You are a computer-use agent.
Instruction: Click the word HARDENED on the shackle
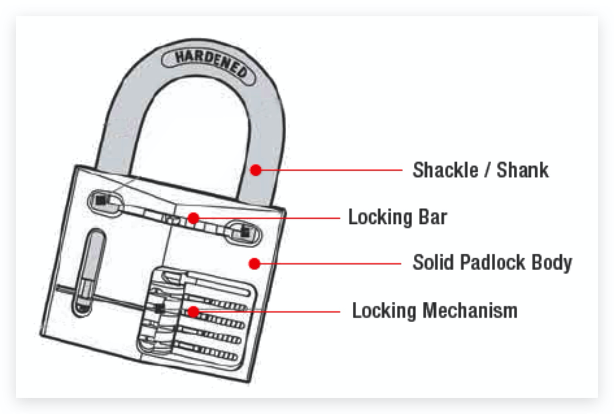click(x=210, y=63)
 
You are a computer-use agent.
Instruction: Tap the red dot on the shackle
click(x=256, y=170)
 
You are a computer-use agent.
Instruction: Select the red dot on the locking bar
click(x=194, y=218)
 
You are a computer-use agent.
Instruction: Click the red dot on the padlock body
click(x=254, y=264)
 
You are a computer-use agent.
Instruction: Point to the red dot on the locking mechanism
click(x=194, y=312)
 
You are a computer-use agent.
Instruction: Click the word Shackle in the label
click(x=445, y=170)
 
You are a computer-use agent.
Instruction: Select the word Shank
click(x=522, y=170)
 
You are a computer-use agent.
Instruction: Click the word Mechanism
click(x=470, y=311)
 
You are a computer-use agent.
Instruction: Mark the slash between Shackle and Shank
click(x=488, y=170)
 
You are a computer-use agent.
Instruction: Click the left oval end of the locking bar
click(x=105, y=202)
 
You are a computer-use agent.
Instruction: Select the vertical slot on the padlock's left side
click(x=88, y=272)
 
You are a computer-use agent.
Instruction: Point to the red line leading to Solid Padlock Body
click(x=330, y=264)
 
